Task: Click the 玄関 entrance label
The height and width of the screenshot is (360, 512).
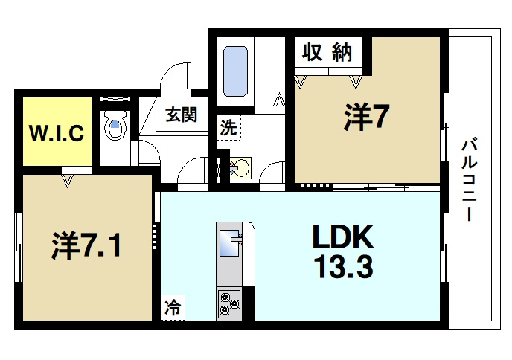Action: click(182, 116)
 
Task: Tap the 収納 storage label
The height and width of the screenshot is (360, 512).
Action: click(327, 53)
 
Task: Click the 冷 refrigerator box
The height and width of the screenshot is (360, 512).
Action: click(173, 306)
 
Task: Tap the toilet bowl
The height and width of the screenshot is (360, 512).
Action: click(115, 129)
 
